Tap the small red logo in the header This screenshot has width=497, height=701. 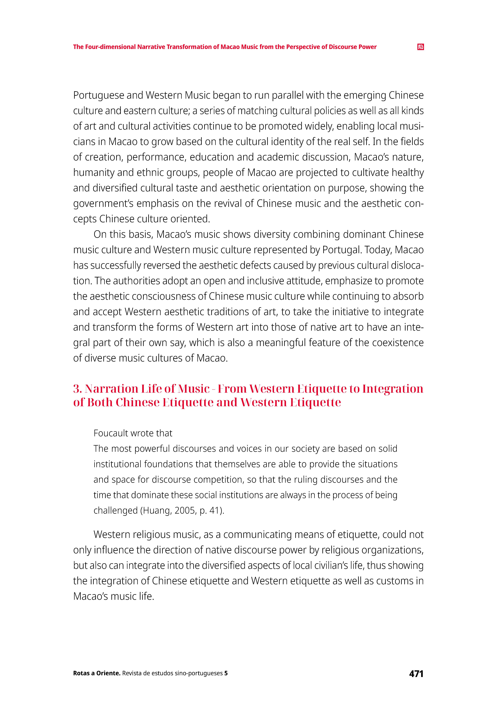421,47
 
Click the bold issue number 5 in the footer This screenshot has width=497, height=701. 226,673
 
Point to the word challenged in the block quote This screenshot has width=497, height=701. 115,510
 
